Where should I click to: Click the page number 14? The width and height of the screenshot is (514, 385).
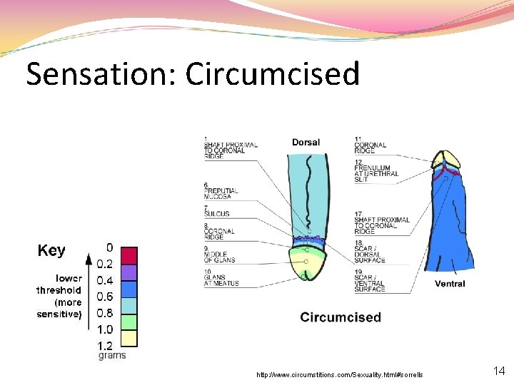(x=499, y=371)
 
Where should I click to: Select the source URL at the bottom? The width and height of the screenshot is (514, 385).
(x=340, y=374)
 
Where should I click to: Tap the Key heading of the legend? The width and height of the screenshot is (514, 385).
(x=51, y=251)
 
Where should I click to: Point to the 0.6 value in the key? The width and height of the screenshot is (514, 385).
(x=105, y=296)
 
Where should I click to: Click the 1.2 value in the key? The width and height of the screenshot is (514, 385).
(x=105, y=345)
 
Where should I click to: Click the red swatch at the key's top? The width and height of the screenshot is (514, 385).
(x=128, y=255)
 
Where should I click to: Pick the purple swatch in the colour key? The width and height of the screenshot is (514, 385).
(x=128, y=272)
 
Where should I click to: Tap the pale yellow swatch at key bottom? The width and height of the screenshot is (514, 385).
(x=128, y=337)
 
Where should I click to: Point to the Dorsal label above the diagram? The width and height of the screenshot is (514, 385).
(x=306, y=143)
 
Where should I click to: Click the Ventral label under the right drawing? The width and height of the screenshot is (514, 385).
(x=450, y=284)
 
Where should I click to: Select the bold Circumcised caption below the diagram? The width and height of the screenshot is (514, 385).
(x=341, y=317)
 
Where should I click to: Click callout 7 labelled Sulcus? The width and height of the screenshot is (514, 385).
(x=217, y=212)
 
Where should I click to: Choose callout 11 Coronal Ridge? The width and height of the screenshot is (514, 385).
(x=370, y=145)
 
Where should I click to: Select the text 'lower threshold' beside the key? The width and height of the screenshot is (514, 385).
(x=59, y=284)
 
